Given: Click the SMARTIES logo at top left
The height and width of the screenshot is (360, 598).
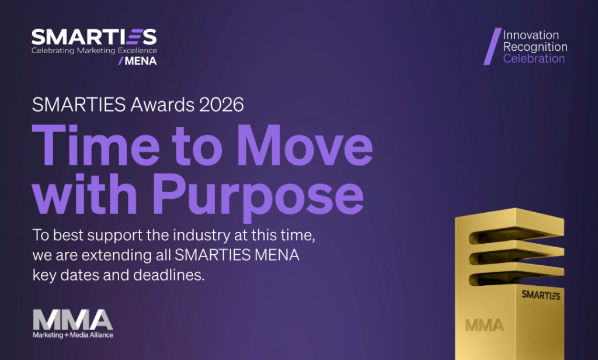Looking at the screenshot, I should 94,37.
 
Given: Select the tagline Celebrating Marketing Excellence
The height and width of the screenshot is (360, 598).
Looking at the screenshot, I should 94,51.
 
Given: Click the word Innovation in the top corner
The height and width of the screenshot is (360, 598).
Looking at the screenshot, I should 531,35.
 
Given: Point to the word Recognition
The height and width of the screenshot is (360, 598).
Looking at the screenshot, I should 535,47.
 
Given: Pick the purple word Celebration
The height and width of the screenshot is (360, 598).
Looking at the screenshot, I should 534,58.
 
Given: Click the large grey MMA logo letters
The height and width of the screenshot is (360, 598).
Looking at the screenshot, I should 72,320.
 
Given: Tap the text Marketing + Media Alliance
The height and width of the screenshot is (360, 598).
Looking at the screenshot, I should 73,335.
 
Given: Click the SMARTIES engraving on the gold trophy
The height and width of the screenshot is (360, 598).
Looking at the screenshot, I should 541,295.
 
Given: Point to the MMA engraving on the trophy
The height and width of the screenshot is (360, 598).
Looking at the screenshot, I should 484,324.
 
